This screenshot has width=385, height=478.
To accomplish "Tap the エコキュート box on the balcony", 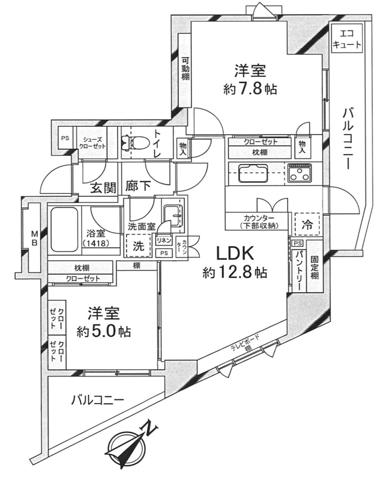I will coord(346,39).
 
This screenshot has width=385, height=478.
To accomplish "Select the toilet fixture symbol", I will coord(131,142).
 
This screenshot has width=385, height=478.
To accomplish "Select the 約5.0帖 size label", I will coord(104,330).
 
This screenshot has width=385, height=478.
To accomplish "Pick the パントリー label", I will coord(297,273).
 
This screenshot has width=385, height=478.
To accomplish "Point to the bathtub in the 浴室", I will coord(64,228).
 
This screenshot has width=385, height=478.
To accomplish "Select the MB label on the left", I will coord(34,239).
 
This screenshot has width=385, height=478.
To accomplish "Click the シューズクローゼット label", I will coord(94,142).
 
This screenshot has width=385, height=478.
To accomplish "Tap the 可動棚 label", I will coord(184,68).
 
